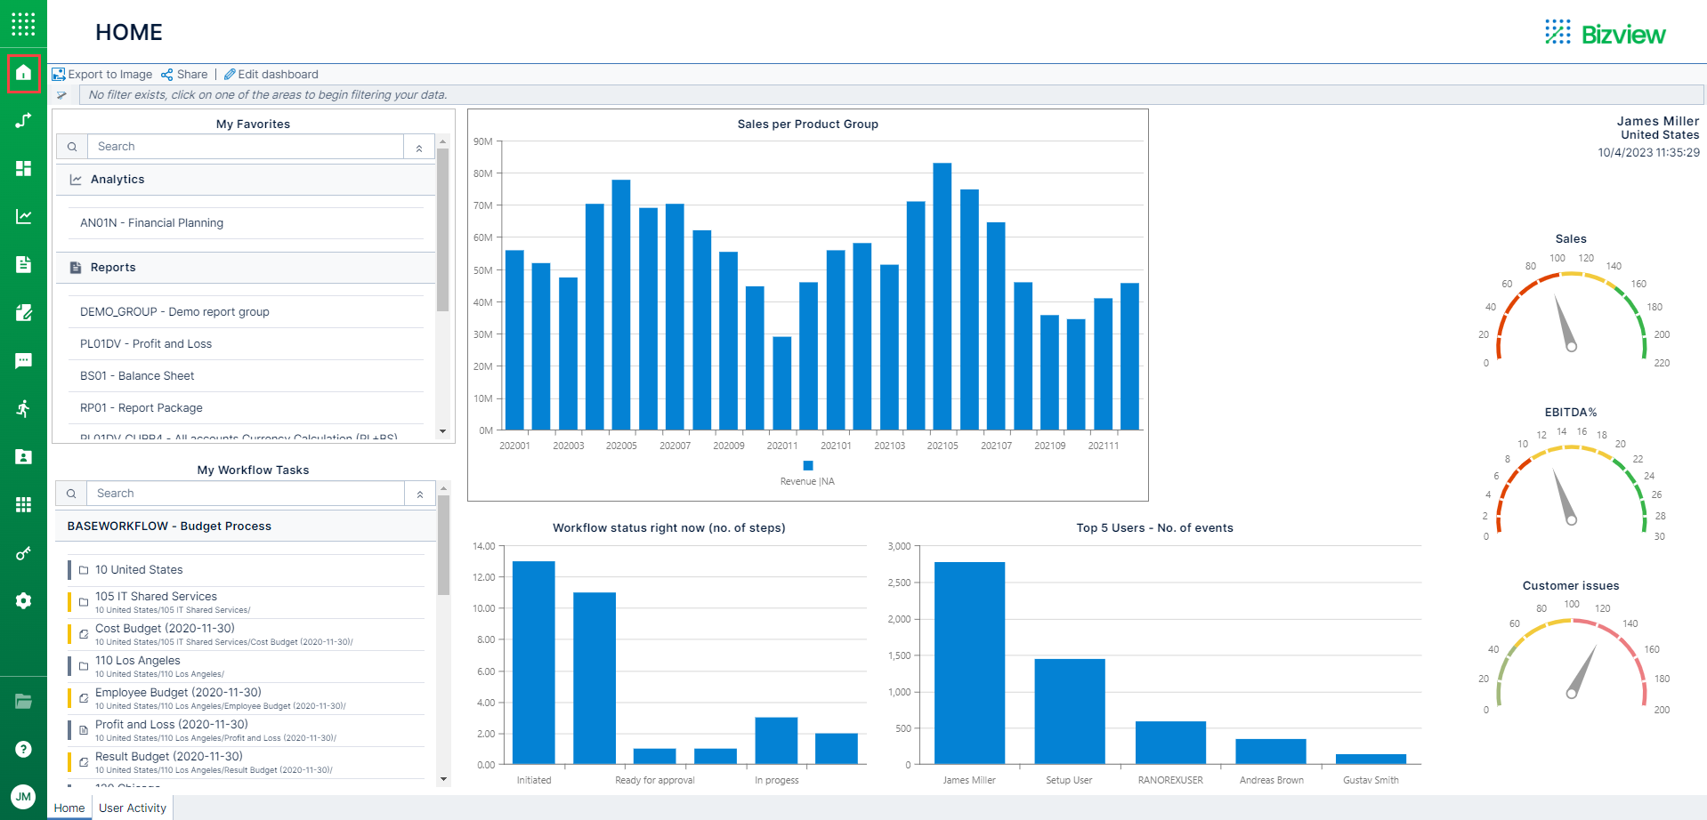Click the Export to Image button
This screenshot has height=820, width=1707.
tap(102, 75)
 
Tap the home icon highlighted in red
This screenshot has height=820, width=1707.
tap(24, 73)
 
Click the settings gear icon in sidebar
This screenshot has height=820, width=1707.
tap(24, 601)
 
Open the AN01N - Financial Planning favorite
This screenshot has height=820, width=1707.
tap(151, 223)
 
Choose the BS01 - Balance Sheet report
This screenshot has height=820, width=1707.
tap(137, 376)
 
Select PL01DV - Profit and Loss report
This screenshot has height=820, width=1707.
tap(146, 344)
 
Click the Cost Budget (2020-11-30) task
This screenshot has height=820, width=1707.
tap(165, 629)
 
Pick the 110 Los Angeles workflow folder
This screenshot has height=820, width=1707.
tap(137, 661)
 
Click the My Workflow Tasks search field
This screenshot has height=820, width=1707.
tap(245, 494)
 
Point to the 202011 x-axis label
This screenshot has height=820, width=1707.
tap(782, 446)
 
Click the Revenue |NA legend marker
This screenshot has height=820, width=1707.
tap(807, 466)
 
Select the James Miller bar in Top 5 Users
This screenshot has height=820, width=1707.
tap(969, 663)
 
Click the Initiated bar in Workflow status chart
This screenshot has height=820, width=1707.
tap(534, 662)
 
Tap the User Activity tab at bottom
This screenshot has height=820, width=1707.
tap(133, 808)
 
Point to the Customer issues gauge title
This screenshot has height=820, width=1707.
tap(1571, 586)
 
